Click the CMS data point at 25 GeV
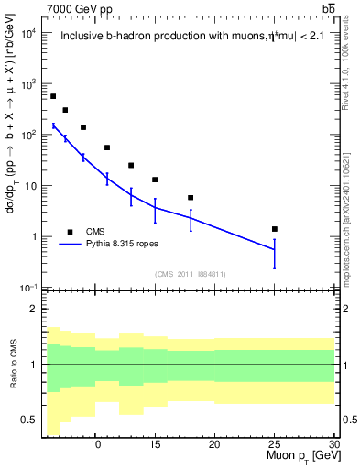(x=275, y=229)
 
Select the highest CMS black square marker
(x=53, y=96)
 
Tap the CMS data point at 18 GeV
(x=191, y=198)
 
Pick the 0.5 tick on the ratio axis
(x=29, y=420)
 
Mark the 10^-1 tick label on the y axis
(x=27, y=288)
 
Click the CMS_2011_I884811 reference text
(x=190, y=274)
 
